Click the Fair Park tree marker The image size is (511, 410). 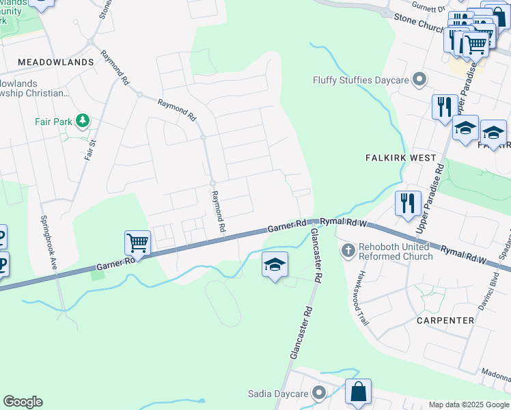pyautogui.click(x=83, y=121)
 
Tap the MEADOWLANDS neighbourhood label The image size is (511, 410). pyautogui.click(x=55, y=62)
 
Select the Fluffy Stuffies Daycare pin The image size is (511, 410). pyautogui.click(x=419, y=80)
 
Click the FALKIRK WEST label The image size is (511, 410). pyautogui.click(x=401, y=158)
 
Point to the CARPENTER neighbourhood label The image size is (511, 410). pyautogui.click(x=445, y=320)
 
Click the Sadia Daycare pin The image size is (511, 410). pyautogui.click(x=318, y=393)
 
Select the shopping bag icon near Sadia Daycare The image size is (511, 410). pyautogui.click(x=357, y=392)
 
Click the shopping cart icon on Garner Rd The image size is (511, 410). pyautogui.click(x=137, y=243)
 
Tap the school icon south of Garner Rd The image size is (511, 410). pyautogui.click(x=275, y=264)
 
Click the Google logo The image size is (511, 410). pyautogui.click(x=23, y=402)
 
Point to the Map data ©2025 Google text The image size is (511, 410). pyautogui.click(x=469, y=405)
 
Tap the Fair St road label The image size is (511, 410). pyautogui.click(x=90, y=149)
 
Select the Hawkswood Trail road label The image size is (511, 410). pyautogui.click(x=358, y=286)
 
